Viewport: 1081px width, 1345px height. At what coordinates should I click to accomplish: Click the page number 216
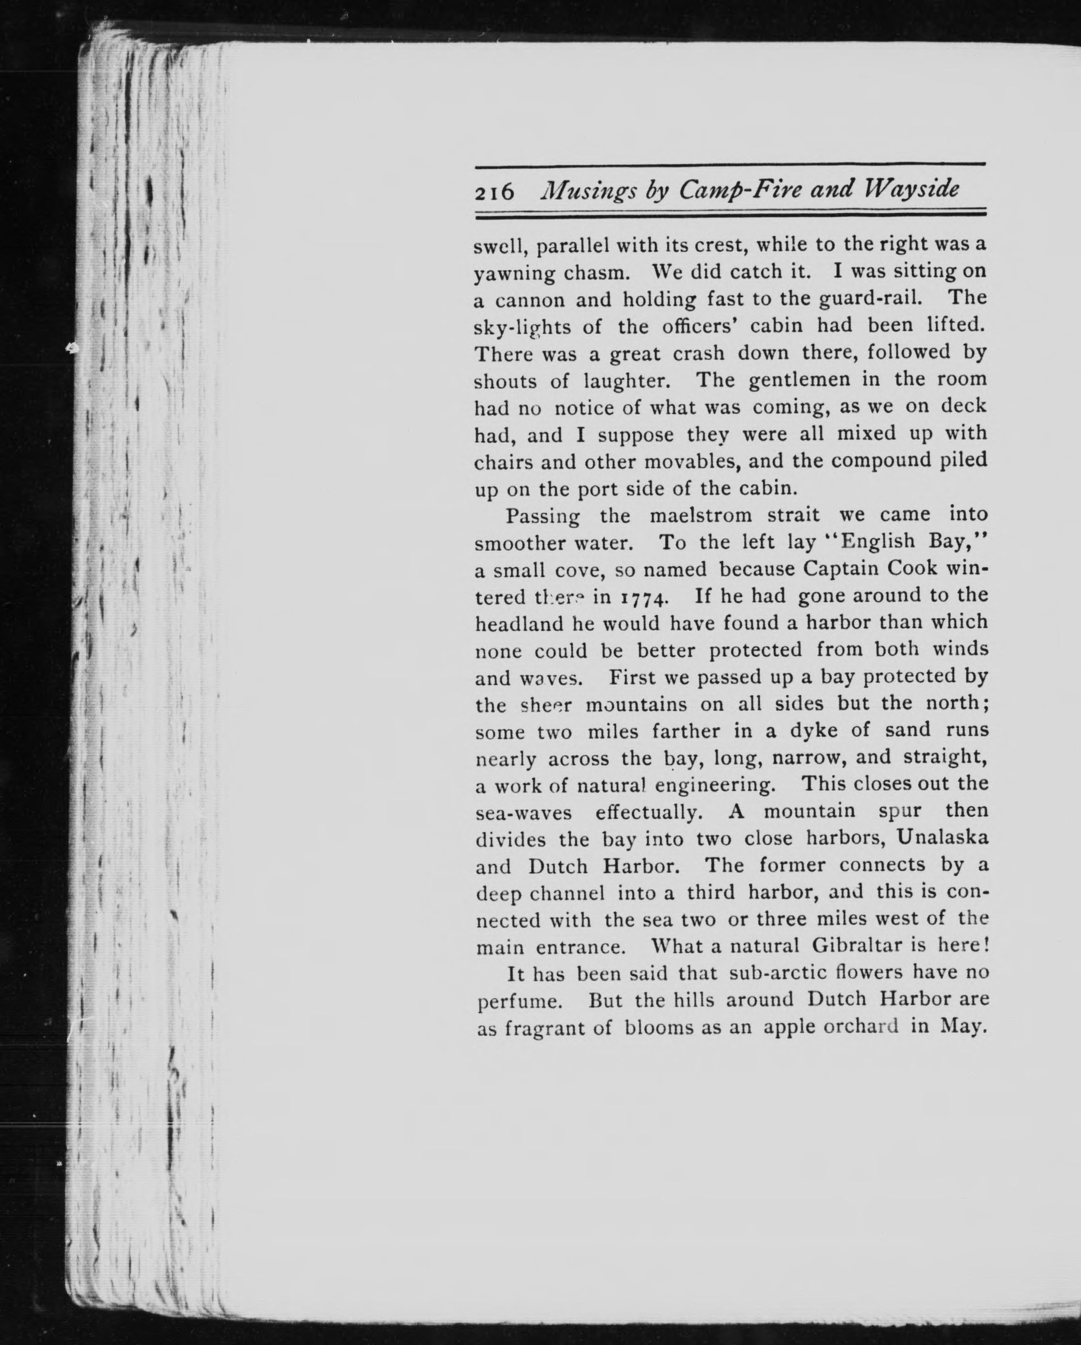(x=494, y=192)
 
